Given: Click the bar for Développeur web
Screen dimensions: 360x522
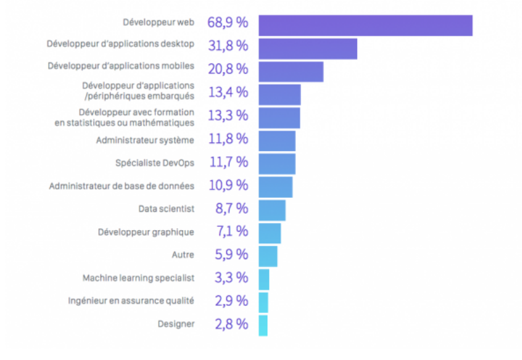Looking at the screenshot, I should tap(365, 25).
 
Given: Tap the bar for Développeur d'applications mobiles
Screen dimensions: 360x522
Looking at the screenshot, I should tap(290, 72).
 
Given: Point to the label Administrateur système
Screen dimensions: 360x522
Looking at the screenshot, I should tap(145, 140).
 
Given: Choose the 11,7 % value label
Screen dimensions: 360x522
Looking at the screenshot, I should tap(228, 162).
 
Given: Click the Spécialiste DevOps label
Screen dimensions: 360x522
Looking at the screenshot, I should tap(154, 163).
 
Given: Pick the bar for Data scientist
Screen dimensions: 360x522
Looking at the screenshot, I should tap(272, 210).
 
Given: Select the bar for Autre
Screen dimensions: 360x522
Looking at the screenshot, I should tap(267, 256).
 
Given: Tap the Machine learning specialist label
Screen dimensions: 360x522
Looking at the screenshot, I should tap(138, 278).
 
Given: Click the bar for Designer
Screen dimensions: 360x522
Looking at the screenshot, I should tap(263, 325).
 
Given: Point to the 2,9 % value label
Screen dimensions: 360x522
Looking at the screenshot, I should tap(231, 301).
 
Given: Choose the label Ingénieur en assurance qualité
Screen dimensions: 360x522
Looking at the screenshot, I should tap(131, 301).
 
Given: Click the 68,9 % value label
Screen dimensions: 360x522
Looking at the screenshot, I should tap(228, 22).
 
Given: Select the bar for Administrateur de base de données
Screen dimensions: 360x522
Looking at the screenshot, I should tap(275, 187).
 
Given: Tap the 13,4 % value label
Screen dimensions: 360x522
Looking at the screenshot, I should tap(228, 92).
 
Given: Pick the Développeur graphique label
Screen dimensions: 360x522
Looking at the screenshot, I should tap(146, 232).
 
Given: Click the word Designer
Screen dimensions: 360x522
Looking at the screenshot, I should tap(176, 324).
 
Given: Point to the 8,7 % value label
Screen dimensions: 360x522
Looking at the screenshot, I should tap(231, 208).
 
